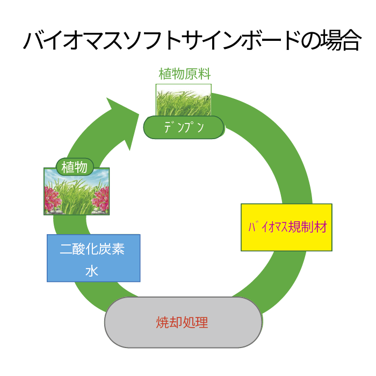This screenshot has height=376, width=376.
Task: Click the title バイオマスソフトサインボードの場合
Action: pyautogui.click(x=192, y=40)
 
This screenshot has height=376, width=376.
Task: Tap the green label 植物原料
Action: pyautogui.click(x=185, y=74)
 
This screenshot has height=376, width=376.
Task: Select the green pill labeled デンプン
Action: pyautogui.click(x=184, y=127)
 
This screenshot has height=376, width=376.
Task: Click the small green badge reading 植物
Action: pyautogui.click(x=75, y=167)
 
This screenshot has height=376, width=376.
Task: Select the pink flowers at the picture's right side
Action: pyautogui.click(x=101, y=199)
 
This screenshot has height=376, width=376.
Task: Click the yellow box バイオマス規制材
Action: pyautogui.click(x=286, y=227)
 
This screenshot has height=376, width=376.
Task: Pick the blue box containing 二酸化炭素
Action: pyautogui.click(x=93, y=258)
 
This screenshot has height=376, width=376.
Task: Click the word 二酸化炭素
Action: pyautogui.click(x=92, y=249)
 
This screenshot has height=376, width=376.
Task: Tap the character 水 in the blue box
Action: pyautogui.click(x=92, y=271)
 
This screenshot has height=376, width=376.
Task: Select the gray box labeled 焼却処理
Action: pyautogui.click(x=183, y=322)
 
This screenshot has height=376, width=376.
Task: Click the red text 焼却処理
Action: pyautogui.click(x=182, y=322)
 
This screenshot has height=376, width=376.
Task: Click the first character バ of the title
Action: pyautogui.click(x=33, y=41)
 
